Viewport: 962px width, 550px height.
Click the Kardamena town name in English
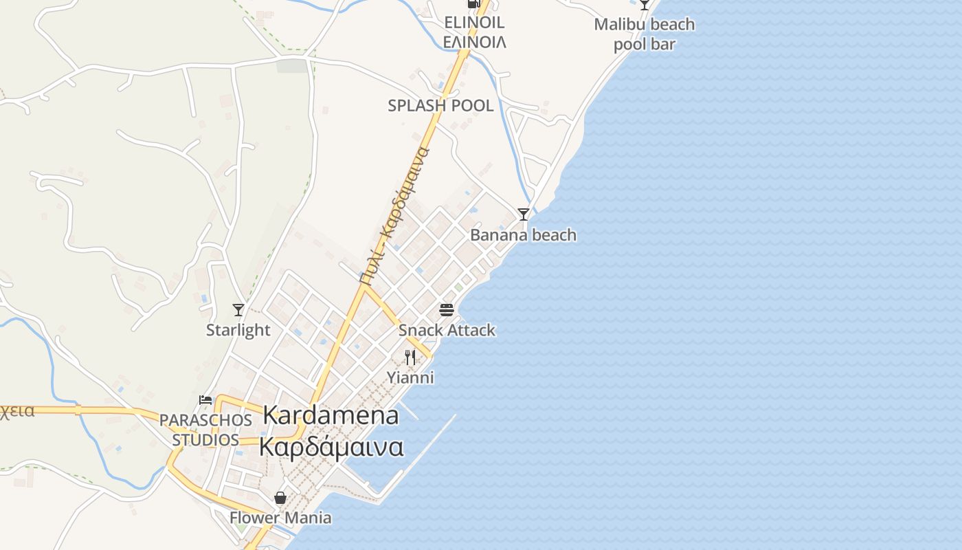point(331,415)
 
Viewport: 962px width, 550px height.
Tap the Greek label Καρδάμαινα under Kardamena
point(331,446)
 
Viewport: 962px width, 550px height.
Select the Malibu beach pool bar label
point(644,34)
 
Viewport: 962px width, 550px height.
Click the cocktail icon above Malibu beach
point(645,4)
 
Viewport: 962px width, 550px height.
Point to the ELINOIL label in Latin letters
point(474,22)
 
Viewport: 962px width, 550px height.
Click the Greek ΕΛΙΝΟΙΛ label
point(474,42)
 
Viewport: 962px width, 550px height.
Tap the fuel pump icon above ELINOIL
point(473,3)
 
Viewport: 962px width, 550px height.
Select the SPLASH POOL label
point(440,106)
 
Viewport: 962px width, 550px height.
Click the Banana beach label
point(523,235)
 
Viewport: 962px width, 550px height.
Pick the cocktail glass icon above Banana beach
point(524,214)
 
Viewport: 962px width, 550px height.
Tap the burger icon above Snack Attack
point(447,309)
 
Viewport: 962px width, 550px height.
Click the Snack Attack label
point(447,330)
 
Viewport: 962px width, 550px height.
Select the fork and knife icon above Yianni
point(410,357)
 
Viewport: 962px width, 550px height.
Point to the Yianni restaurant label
point(410,377)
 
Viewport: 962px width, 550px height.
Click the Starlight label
point(238,330)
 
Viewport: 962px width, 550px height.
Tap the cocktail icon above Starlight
point(238,310)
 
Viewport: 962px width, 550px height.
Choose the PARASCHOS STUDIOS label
point(205,430)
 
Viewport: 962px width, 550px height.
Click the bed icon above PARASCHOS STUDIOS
point(205,399)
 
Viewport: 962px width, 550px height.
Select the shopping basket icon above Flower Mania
point(280,497)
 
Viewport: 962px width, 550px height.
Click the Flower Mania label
point(280,518)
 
